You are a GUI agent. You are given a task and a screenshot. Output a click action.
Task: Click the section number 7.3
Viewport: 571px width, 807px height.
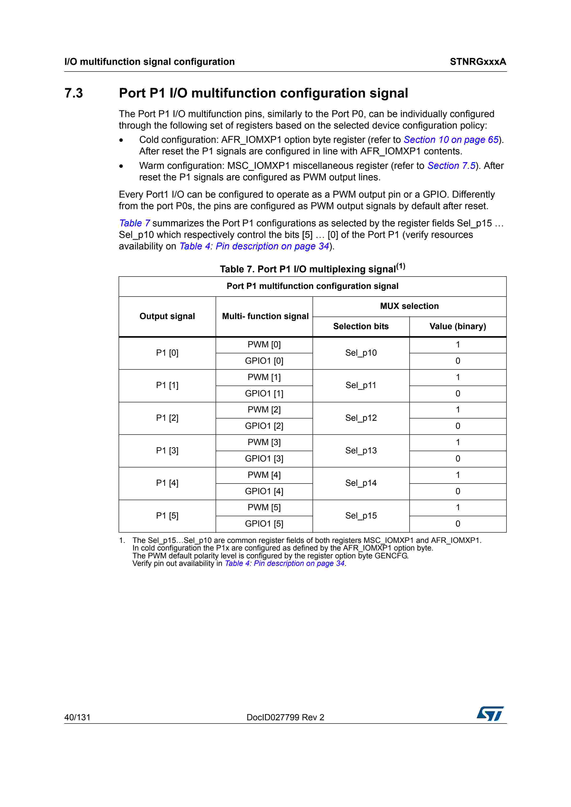[73, 93]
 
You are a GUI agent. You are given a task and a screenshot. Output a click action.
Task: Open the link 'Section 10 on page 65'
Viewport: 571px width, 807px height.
[451, 140]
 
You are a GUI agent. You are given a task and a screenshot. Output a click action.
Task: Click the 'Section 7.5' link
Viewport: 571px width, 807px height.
[451, 166]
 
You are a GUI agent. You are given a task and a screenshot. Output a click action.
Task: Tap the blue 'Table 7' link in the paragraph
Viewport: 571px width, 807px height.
[134, 223]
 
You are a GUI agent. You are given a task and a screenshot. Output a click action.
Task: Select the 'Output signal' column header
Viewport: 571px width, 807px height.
[167, 316]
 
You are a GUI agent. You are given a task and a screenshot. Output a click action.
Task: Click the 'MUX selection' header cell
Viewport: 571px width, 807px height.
[409, 306]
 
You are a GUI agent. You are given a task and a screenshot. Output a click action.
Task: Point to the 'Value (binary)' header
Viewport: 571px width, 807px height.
[457, 326]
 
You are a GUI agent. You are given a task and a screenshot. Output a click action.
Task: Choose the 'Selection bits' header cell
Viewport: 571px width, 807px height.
[361, 326]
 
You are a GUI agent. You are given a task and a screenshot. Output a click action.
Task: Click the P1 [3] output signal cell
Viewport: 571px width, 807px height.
[167, 451]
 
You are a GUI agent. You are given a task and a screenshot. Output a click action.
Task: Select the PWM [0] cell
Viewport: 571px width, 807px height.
[264, 345]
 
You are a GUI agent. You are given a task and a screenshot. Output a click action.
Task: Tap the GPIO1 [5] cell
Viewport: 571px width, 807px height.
[264, 524]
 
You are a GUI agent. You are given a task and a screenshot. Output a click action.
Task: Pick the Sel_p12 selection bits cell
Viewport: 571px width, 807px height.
[361, 418]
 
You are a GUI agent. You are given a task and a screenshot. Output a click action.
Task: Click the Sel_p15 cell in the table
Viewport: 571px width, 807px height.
[361, 516]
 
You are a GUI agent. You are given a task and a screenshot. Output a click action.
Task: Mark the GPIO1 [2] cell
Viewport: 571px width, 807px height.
[264, 426]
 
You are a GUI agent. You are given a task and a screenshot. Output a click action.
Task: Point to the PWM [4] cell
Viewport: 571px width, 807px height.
[264, 475]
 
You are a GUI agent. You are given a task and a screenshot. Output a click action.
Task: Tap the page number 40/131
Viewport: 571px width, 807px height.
[77, 717]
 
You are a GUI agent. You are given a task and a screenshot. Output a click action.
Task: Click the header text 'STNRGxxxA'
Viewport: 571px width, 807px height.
[478, 62]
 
